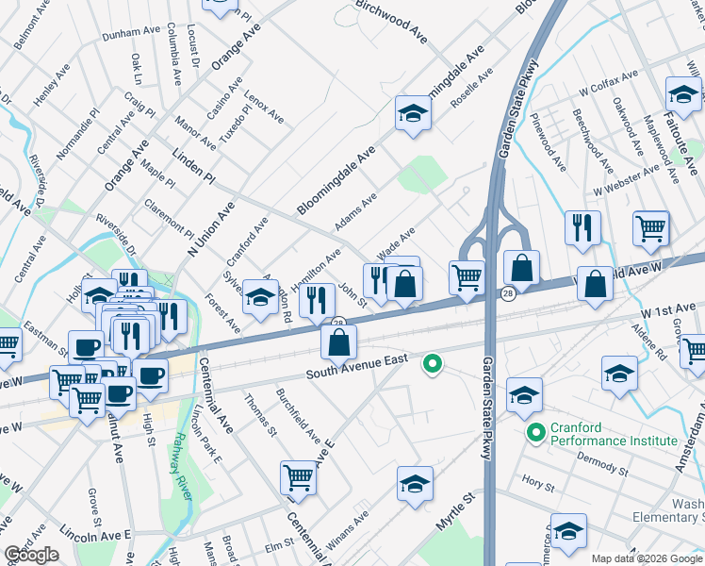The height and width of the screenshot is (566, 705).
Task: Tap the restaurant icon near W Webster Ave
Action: click(x=582, y=226)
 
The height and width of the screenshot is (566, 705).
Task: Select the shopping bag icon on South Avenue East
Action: click(x=338, y=343)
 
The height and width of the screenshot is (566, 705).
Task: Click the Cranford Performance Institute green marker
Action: click(x=535, y=434)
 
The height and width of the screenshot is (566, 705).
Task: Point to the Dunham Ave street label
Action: click(x=132, y=31)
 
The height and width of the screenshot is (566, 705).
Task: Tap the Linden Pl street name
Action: click(x=194, y=166)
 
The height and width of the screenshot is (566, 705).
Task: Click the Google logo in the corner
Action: click(x=32, y=555)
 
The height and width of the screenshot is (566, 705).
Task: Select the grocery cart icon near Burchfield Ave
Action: click(x=298, y=477)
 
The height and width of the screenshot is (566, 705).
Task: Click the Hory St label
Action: click(x=538, y=483)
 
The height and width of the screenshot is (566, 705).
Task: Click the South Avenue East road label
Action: click(x=355, y=368)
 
